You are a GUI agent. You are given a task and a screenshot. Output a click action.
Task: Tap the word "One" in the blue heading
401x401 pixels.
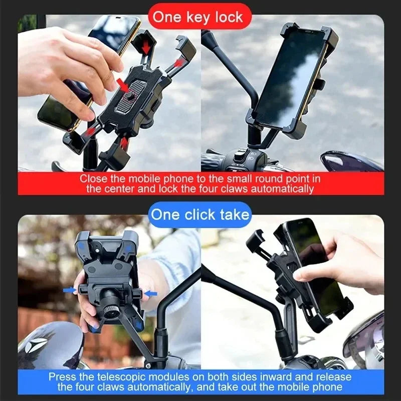coord(165,215)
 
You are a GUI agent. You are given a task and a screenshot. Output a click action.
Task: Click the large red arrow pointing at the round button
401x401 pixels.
coord(122,83)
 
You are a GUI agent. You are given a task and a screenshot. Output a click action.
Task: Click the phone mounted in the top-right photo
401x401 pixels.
coord(290,80)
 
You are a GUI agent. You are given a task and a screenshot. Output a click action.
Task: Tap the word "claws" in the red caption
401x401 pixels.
coord(211,188)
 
